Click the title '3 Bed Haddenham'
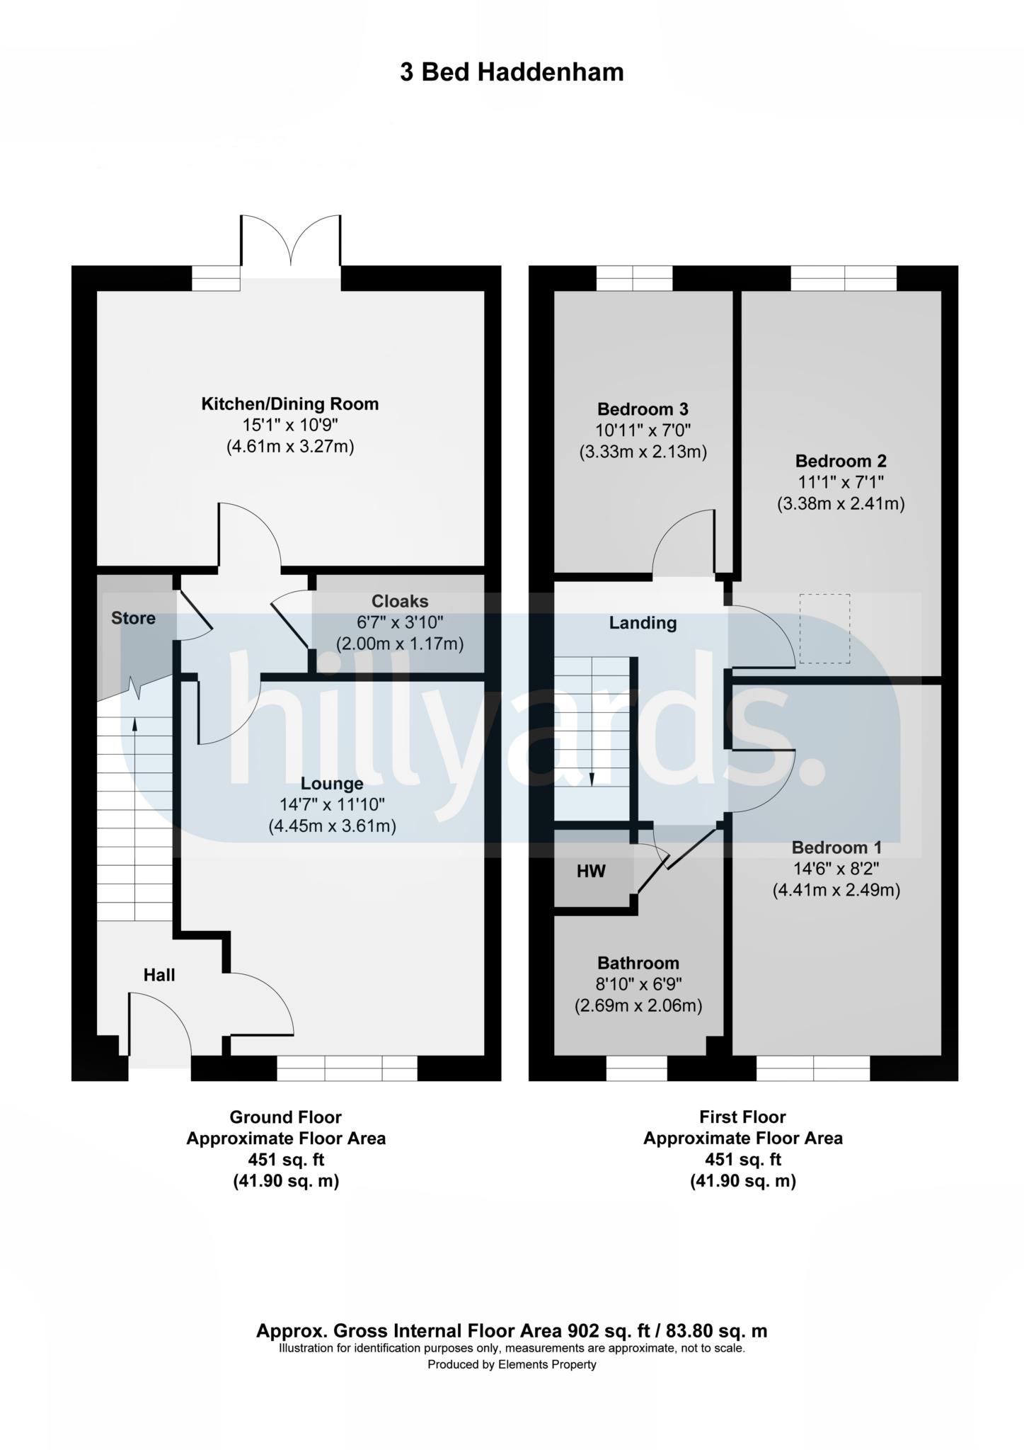click(x=512, y=72)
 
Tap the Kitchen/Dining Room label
click(x=290, y=404)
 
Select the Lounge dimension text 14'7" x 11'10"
click(x=332, y=804)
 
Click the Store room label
click(x=133, y=618)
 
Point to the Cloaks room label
click(x=400, y=601)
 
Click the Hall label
click(x=159, y=975)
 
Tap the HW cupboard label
click(x=591, y=871)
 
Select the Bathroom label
click(x=638, y=963)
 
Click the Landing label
click(x=643, y=623)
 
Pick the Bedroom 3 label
click(x=643, y=409)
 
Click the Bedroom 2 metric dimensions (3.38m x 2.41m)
click(x=841, y=504)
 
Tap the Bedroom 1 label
click(x=836, y=847)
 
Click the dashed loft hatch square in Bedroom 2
click(x=824, y=629)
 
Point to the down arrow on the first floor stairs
click(x=592, y=779)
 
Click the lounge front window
click(x=347, y=1068)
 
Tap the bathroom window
click(x=636, y=1068)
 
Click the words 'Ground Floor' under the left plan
click(x=285, y=1117)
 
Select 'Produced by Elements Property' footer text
click(x=512, y=1364)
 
